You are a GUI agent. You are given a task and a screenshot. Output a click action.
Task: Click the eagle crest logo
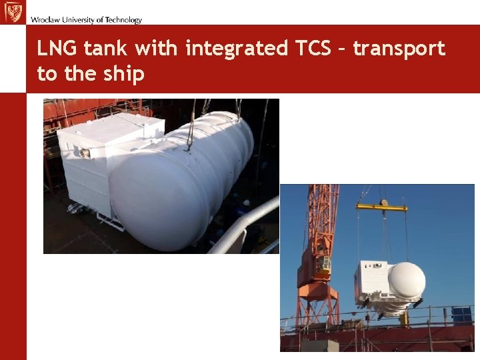pyautogui.click(x=12, y=12)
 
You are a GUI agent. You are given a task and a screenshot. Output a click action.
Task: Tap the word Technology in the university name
pyautogui.click(x=123, y=20)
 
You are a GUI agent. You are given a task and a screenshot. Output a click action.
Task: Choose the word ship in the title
pyautogui.click(x=123, y=73)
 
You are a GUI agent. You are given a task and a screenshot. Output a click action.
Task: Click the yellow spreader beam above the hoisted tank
pyautogui.click(x=382, y=207)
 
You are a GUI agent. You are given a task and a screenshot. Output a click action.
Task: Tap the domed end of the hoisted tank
pyautogui.click(x=407, y=280)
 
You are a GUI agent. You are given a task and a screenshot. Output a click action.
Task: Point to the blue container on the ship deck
pyautogui.click(x=461, y=315)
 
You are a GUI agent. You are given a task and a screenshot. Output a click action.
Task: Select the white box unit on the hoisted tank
pyautogui.click(x=372, y=279)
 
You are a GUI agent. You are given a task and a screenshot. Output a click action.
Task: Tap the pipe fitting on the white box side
pyautogui.click(x=84, y=153)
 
